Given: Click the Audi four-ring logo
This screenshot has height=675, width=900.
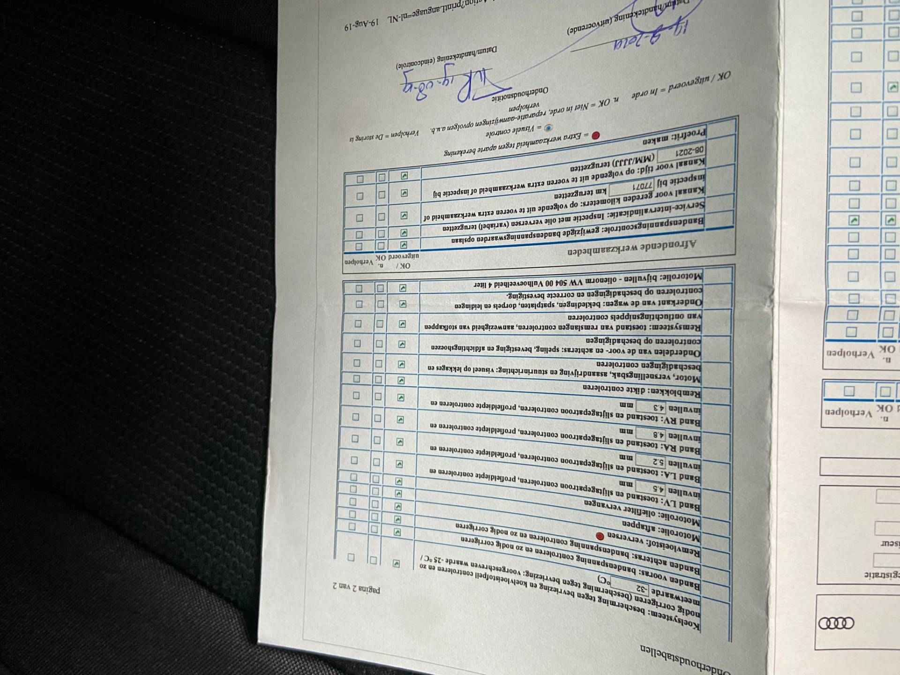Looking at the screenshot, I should point(836,623).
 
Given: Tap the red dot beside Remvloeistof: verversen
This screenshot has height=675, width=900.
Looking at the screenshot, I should point(600,536).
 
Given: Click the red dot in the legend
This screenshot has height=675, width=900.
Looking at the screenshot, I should point(595,136).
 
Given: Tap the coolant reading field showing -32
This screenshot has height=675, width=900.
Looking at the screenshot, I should point(642,588).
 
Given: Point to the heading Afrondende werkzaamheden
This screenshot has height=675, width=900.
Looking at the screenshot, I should point(632,248).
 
